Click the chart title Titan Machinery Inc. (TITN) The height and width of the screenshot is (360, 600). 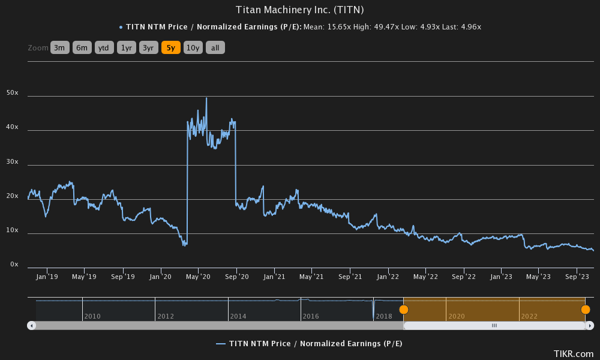pos(300,10)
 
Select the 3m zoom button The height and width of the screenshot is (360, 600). pos(60,48)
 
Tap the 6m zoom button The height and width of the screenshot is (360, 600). pos(82,48)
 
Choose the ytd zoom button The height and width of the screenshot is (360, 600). pos(104,48)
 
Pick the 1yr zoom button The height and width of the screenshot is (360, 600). pos(126,48)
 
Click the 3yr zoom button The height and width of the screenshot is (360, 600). pos(148,48)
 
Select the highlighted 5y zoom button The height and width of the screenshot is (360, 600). pos(170,48)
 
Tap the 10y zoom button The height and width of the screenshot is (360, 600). pos(193,48)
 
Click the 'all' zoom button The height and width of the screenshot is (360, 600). pos(215,48)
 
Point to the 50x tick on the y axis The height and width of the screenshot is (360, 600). pos(12,93)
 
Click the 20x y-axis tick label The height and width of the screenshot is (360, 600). pos(12,196)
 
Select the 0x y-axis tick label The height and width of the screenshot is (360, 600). pos(14,265)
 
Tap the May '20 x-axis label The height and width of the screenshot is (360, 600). pos(198,277)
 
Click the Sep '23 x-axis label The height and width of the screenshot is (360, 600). pos(577,277)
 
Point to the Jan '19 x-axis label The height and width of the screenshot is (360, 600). pos(46,277)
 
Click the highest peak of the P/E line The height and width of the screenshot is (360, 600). pos(206,98)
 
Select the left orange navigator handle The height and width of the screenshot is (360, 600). pos(404,310)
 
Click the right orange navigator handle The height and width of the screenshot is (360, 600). pos(585,310)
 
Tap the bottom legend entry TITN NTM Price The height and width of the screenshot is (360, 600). pos(309,343)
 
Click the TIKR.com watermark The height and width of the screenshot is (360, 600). pos(574,353)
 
